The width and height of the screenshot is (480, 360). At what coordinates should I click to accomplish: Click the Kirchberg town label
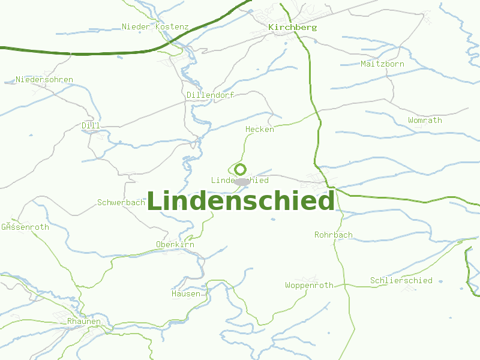click(x=293, y=28)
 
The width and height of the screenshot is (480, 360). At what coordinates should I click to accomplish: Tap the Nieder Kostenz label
click(x=155, y=27)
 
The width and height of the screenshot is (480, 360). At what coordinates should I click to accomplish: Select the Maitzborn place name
click(x=382, y=64)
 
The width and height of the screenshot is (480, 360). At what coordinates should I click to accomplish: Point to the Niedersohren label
click(x=44, y=80)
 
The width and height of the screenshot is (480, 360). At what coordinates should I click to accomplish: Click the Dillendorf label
click(x=209, y=95)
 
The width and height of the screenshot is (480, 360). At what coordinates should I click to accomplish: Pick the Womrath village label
click(x=425, y=121)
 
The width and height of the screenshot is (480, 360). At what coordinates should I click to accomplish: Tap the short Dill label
click(x=91, y=125)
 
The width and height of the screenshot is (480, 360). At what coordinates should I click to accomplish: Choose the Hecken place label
click(x=259, y=130)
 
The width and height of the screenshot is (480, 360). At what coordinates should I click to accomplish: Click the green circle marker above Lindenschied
click(x=241, y=169)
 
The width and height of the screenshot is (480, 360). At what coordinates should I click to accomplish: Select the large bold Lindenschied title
click(x=240, y=201)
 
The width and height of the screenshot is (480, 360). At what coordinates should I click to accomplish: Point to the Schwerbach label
click(x=121, y=203)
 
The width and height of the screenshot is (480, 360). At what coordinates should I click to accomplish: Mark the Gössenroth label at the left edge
click(x=25, y=227)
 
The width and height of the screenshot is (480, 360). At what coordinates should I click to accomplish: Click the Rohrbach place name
click(x=334, y=235)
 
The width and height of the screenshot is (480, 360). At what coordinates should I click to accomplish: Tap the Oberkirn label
click(x=175, y=245)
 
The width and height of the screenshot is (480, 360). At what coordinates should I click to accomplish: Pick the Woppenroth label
click(x=309, y=286)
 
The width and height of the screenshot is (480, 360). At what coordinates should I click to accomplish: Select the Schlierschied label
click(x=401, y=281)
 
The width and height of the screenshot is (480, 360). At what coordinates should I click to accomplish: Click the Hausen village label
click(x=185, y=294)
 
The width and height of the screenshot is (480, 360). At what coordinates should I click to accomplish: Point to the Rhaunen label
click(x=83, y=322)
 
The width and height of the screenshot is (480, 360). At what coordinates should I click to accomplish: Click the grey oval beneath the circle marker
click(x=242, y=181)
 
